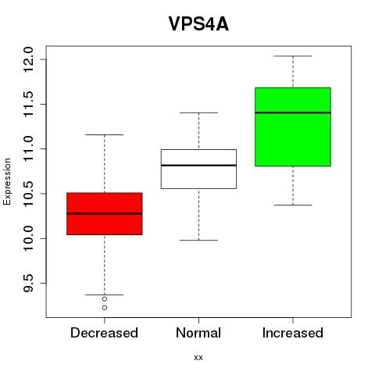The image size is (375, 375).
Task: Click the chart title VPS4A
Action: (198, 24)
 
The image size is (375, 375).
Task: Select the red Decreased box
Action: (105, 224)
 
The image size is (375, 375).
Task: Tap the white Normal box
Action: (198, 177)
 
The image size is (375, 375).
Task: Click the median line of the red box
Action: (105, 213)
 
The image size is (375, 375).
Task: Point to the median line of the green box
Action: (293, 112)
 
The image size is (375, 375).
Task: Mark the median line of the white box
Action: (198, 166)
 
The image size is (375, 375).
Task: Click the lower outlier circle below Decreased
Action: (105, 308)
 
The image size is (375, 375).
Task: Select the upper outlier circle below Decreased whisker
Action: (105, 299)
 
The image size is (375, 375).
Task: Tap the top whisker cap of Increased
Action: (293, 56)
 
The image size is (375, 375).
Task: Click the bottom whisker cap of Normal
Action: (198, 240)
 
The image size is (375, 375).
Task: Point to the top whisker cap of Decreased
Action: (105, 134)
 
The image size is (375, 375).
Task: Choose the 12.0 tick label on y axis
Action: (27, 59)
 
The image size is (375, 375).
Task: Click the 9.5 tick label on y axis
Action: (27, 283)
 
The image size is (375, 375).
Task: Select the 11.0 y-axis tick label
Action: (27, 149)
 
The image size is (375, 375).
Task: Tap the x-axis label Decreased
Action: (104, 333)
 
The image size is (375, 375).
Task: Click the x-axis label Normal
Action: (198, 333)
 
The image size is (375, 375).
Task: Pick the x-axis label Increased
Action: (293, 333)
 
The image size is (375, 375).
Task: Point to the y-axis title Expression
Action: (7, 182)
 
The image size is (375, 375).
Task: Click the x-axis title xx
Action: (198, 358)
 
